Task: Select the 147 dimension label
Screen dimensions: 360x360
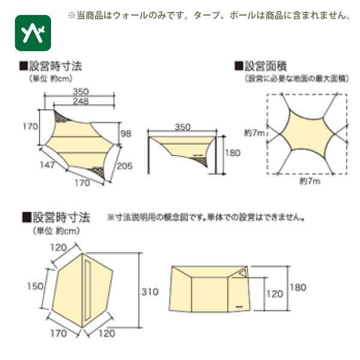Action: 48,163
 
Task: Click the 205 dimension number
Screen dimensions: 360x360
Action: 124,167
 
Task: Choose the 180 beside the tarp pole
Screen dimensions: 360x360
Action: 232,153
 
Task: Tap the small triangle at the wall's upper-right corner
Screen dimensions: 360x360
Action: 243,273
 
